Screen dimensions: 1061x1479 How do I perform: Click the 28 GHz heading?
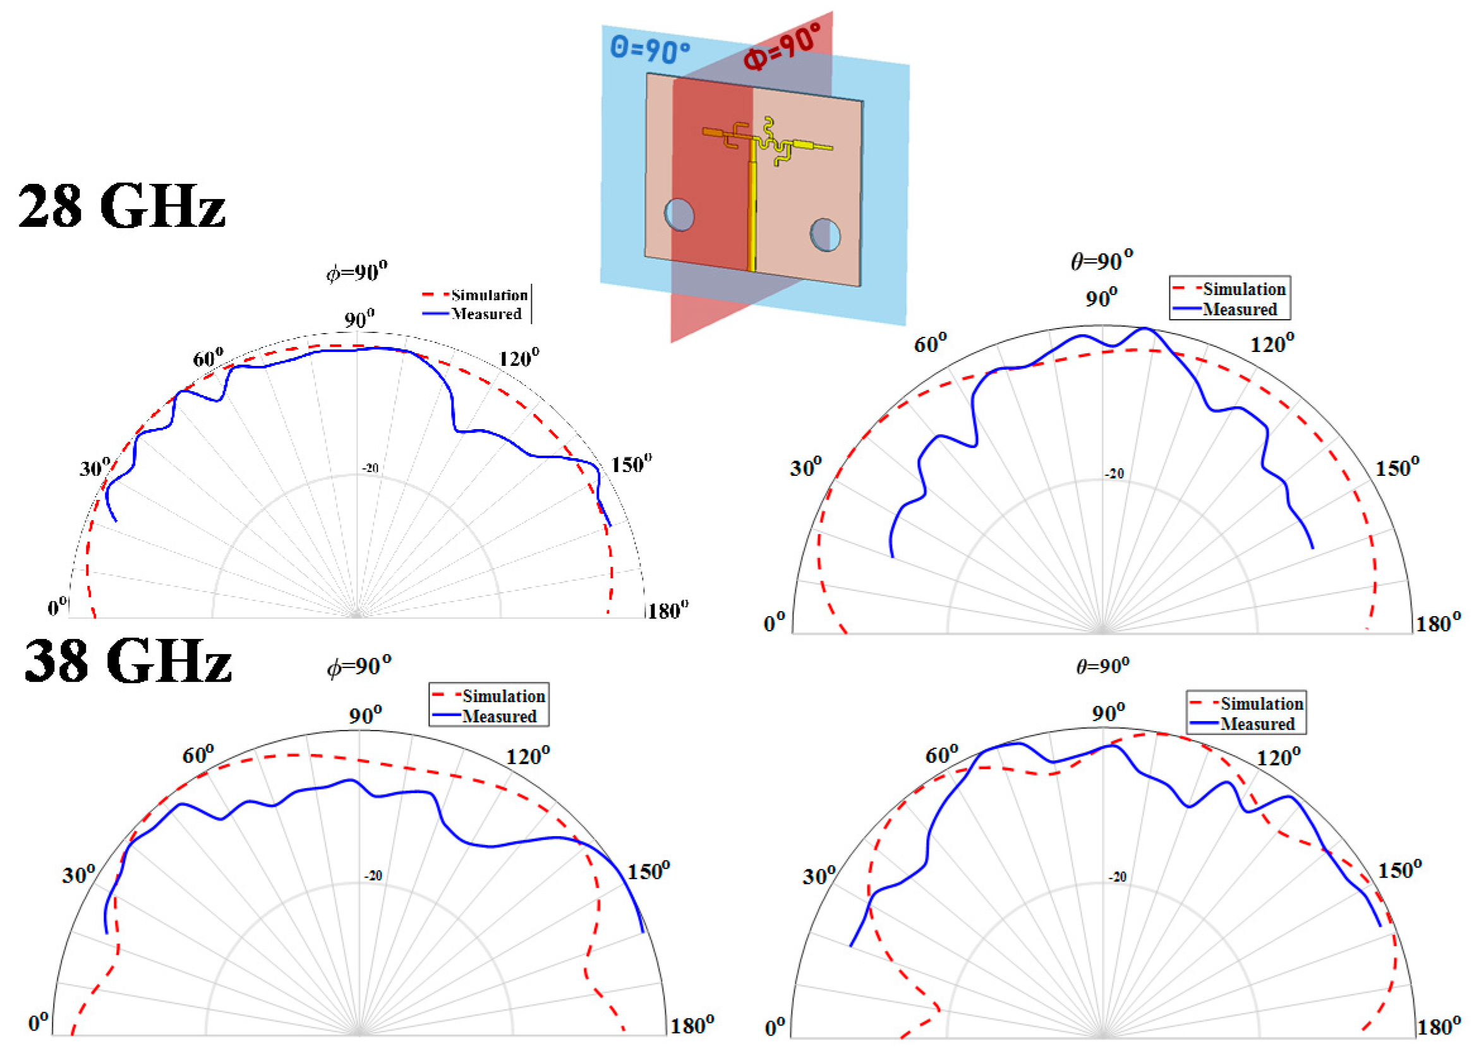(122, 206)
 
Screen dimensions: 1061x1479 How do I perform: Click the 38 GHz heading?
(128, 660)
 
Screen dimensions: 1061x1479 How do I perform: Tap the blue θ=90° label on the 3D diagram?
(649, 49)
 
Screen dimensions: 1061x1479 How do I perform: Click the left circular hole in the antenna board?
(679, 215)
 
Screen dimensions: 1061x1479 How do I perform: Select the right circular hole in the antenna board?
(825, 235)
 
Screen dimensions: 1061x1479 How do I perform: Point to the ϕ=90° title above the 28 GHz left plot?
(357, 271)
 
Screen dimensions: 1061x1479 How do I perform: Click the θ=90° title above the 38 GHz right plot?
(1102, 667)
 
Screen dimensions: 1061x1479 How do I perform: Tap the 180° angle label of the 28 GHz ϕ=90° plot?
(667, 611)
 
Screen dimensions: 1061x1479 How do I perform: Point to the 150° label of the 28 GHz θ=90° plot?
(1397, 468)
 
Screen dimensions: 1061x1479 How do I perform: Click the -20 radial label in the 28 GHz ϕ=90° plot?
(370, 468)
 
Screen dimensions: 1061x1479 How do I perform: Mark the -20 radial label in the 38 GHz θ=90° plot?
(1117, 877)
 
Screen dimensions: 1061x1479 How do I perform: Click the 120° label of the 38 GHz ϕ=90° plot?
(528, 756)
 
